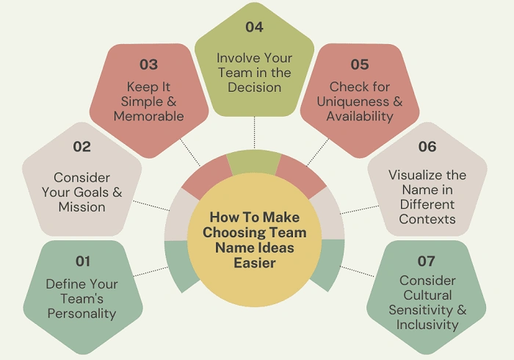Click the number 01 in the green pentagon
[82, 261]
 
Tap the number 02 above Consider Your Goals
[82, 147]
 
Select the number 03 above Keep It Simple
[148, 65]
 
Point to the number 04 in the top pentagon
[254, 27]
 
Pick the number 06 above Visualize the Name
[427, 147]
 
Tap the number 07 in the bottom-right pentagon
[426, 261]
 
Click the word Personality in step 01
[82, 314]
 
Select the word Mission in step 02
[82, 206]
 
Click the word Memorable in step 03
[149, 115]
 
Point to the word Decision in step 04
[255, 87]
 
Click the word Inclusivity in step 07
[427, 324]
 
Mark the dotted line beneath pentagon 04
[254, 132]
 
